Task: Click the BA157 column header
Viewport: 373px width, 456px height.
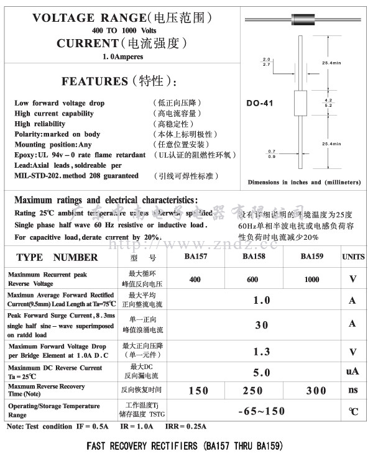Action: click(x=195, y=257)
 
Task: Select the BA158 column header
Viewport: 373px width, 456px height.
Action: click(x=252, y=257)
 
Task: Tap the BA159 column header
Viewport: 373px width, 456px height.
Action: click(x=311, y=257)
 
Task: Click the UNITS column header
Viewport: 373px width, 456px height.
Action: click(x=353, y=257)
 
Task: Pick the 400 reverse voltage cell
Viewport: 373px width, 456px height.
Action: click(x=195, y=280)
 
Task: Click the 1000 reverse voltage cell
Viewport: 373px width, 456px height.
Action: click(x=311, y=280)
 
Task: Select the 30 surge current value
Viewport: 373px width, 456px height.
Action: click(x=262, y=324)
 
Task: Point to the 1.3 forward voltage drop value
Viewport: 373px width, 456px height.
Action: click(x=262, y=352)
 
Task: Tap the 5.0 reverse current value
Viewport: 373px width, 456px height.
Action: click(x=262, y=373)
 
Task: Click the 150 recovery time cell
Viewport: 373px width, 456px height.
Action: click(x=198, y=390)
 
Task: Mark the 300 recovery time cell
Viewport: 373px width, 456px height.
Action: click(x=316, y=390)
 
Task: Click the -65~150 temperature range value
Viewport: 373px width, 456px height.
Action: click(x=262, y=411)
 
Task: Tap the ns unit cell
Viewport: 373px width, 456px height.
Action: click(x=353, y=390)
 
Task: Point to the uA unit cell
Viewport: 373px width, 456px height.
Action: click(x=353, y=372)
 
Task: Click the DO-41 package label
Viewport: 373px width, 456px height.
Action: click(x=259, y=103)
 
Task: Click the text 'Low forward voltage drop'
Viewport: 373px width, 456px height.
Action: click(x=60, y=103)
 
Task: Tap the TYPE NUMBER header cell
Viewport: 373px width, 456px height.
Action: click(x=57, y=257)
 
